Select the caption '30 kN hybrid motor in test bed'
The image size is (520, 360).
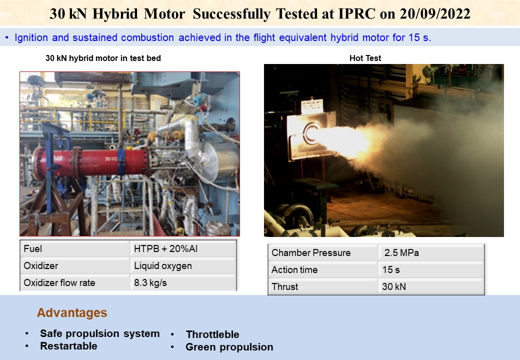103,58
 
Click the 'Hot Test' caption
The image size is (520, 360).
365,58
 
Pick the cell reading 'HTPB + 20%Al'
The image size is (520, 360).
162,249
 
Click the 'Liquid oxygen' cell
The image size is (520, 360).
162,266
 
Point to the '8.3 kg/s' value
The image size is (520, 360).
150,283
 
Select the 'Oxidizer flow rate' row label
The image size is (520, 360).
59,283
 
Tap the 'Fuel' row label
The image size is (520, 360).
33,249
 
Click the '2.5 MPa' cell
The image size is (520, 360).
401,253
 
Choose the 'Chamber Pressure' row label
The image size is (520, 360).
311,253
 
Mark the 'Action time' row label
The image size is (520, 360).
294,270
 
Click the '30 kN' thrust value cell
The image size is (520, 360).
394,287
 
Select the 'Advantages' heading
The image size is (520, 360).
72,313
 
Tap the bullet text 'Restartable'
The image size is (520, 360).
68,346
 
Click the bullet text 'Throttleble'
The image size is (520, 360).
212,334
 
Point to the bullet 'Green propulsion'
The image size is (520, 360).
229,347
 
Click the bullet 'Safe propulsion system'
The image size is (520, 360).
99,333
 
